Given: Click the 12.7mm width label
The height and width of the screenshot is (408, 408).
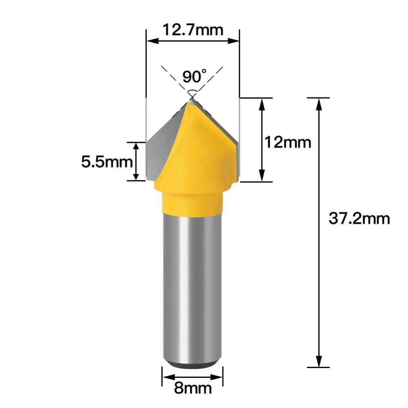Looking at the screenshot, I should (x=193, y=29).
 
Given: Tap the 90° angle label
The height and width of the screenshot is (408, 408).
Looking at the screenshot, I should (x=194, y=76).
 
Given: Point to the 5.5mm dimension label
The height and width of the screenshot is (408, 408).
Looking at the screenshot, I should (x=107, y=162).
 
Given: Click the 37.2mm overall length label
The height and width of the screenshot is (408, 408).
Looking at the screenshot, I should (x=359, y=219).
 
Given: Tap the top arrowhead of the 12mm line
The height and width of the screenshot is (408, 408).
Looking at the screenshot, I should (x=262, y=103).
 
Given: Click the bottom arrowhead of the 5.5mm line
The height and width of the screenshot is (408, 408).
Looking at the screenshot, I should (x=137, y=176).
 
